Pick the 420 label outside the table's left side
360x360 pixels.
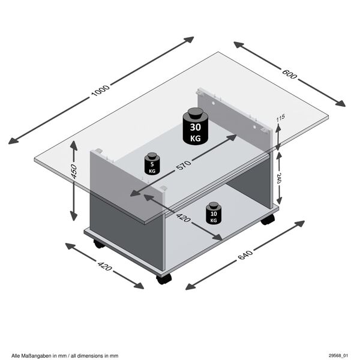click(x=104, y=265)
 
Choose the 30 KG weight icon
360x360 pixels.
click(x=196, y=126)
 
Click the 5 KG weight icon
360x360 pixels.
click(x=152, y=164)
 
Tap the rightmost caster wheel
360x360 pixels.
click(x=268, y=220)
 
